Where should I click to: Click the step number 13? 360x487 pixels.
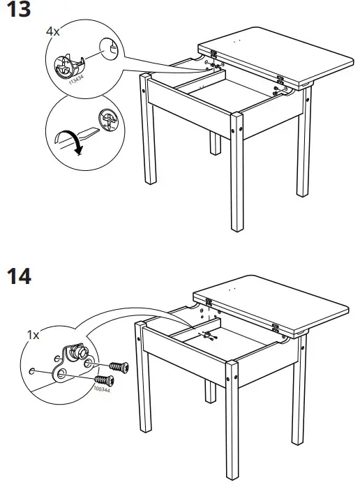(19, 12)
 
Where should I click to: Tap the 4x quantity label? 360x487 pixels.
(53, 32)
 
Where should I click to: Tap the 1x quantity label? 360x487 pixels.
(33, 335)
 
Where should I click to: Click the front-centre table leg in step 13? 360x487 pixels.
(237, 174)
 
